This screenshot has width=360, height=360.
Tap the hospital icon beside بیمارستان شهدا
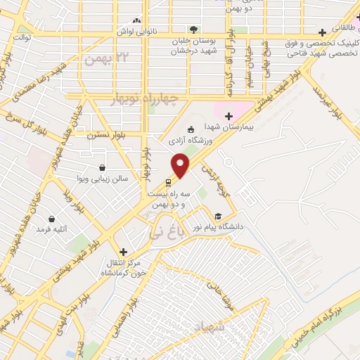(x=229, y=115)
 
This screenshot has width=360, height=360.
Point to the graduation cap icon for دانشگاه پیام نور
(x=218, y=216)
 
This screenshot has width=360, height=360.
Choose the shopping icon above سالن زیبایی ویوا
(x=103, y=168)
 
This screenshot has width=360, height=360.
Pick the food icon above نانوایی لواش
(x=136, y=21)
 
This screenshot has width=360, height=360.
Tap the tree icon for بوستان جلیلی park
(x=193, y=29)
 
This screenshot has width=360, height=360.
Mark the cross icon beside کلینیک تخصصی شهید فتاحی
(x=322, y=32)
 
